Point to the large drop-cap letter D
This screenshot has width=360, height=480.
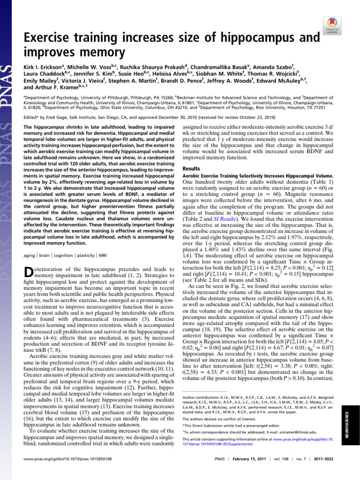pyautogui.click(x=28, y=274)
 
